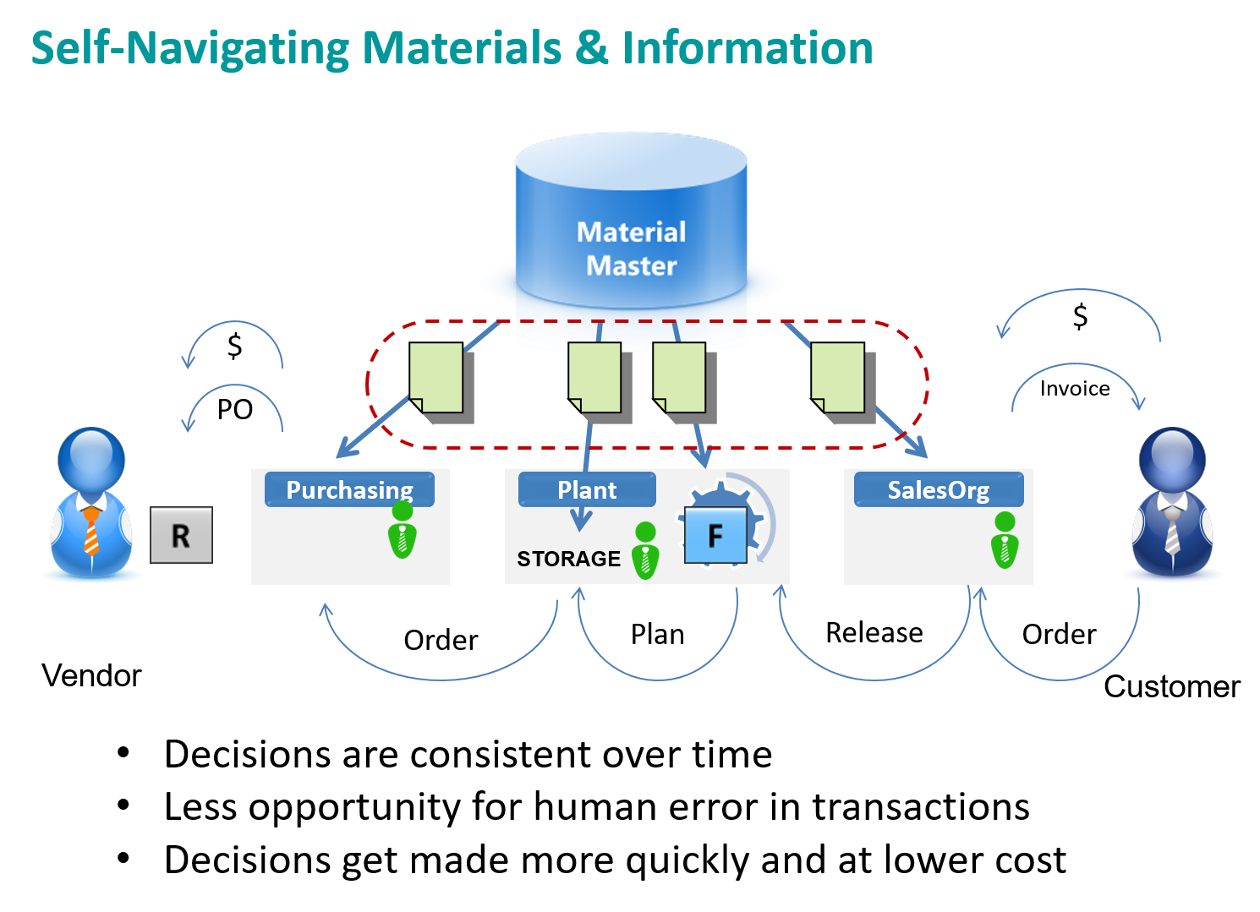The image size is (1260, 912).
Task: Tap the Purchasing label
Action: (x=349, y=489)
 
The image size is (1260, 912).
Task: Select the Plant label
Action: (x=587, y=489)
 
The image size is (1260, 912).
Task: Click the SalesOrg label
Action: (x=938, y=489)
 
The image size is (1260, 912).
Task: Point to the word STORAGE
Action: (x=568, y=559)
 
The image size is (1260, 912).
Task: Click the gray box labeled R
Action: (x=181, y=535)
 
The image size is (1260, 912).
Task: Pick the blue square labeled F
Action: (x=715, y=536)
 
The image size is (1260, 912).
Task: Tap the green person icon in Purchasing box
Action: (x=403, y=531)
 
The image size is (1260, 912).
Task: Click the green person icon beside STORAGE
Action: (x=645, y=551)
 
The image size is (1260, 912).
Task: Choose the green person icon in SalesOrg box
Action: (x=1005, y=541)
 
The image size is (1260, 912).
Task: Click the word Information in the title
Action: (x=748, y=48)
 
